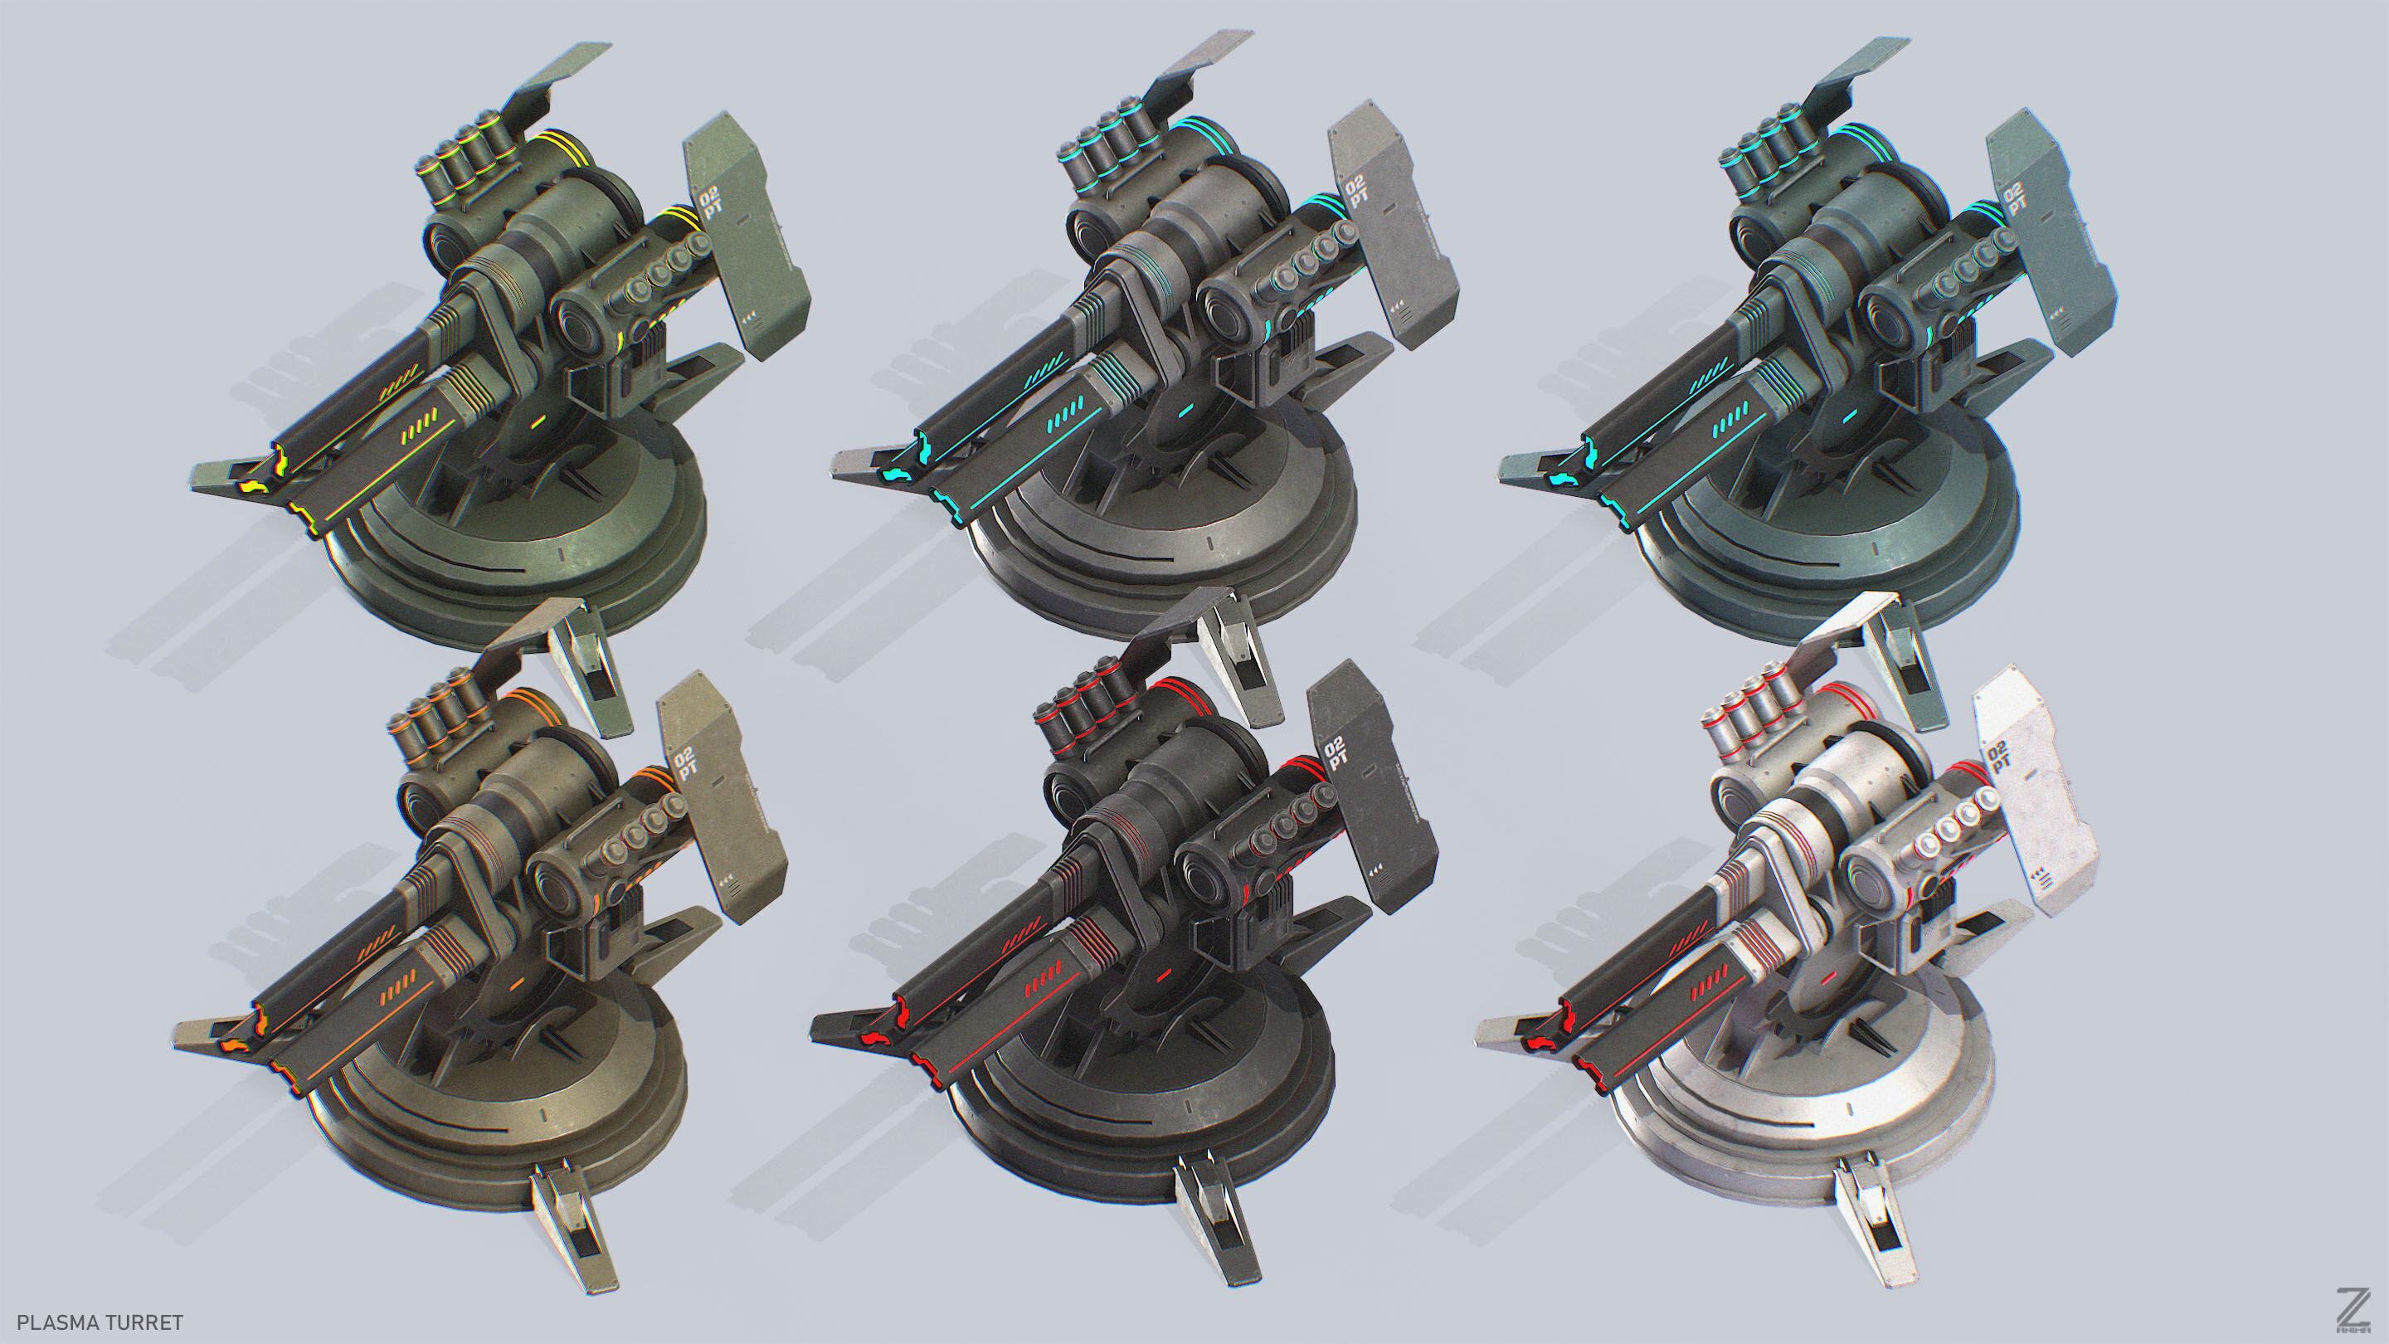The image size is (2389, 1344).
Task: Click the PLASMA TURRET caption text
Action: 100,1322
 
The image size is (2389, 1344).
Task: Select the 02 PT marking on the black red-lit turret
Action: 1336,753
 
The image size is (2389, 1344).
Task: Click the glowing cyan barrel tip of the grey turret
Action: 898,474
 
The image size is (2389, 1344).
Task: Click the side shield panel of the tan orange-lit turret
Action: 722,797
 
